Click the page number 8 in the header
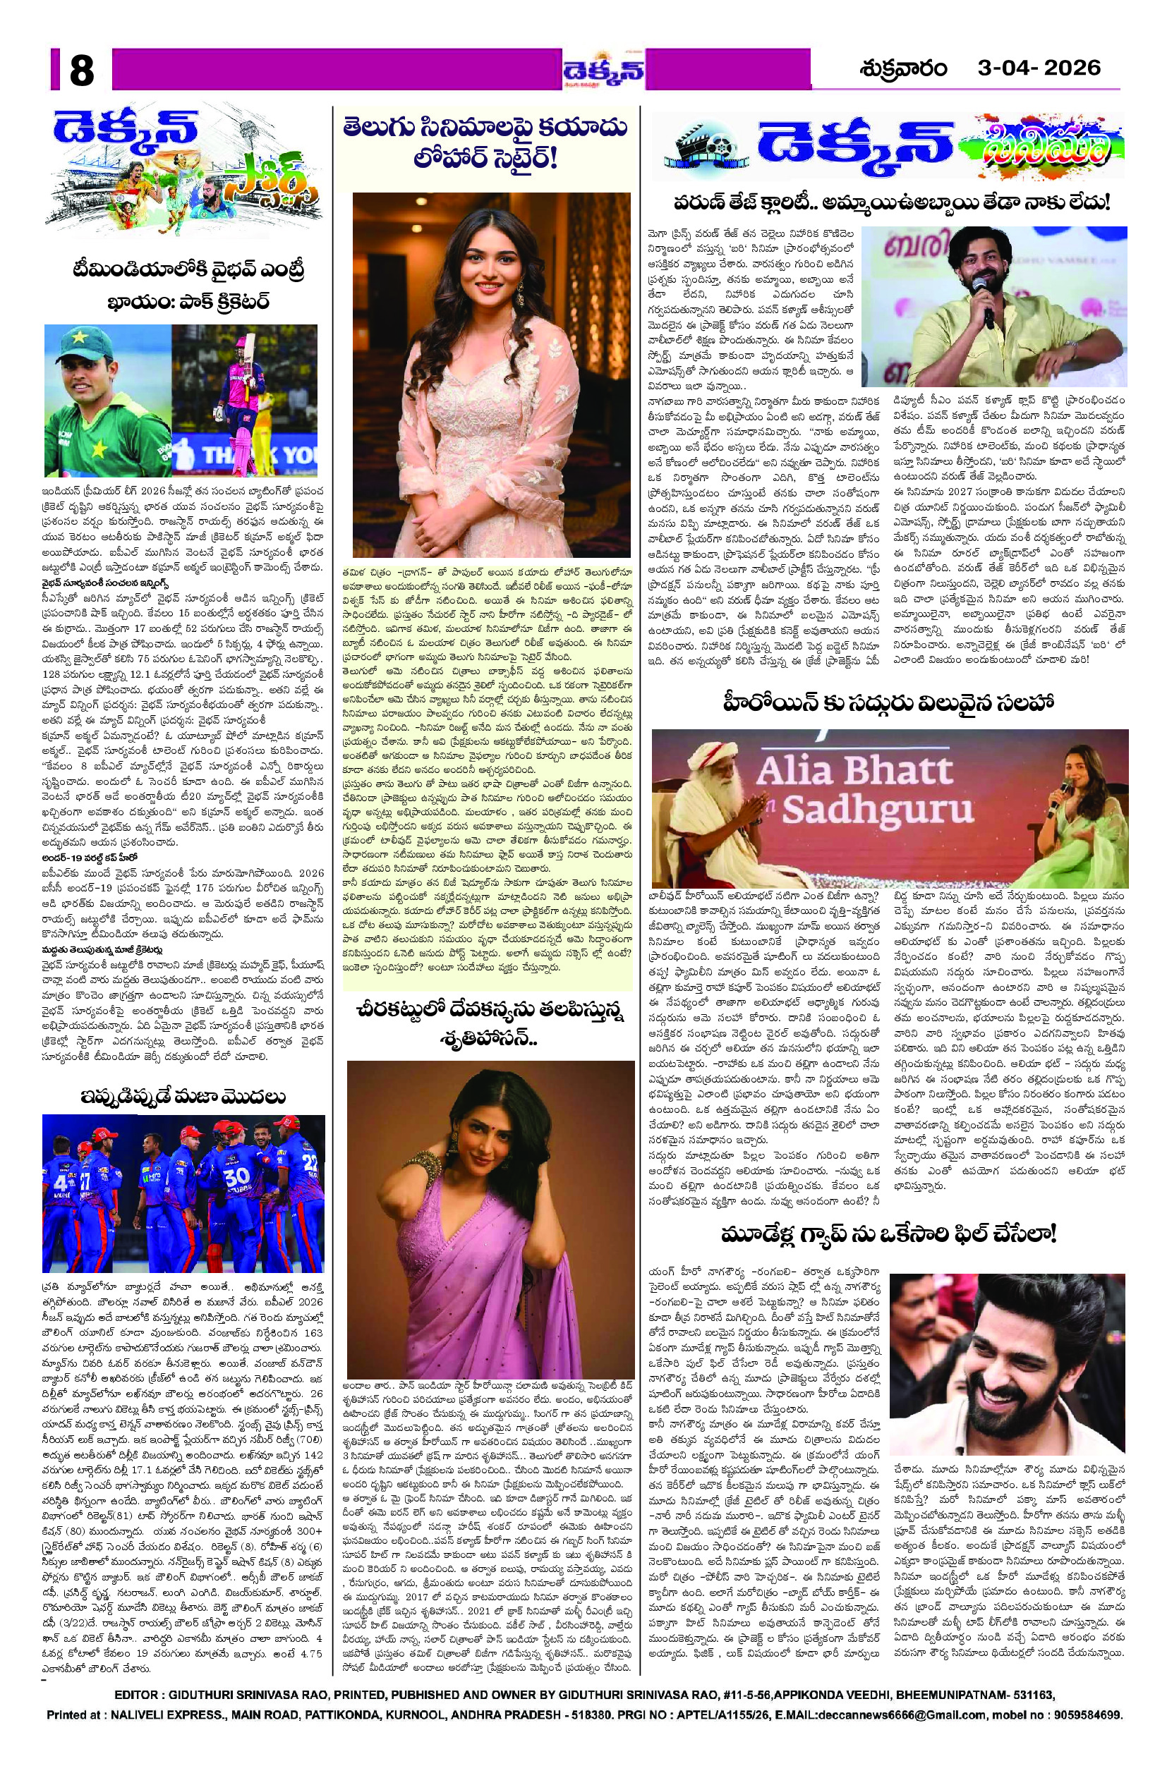point(81,71)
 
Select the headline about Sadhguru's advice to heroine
point(887,704)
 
